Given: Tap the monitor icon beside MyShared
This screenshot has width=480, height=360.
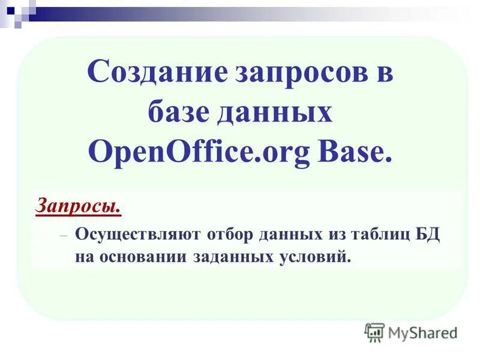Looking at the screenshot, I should click(x=374, y=332).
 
